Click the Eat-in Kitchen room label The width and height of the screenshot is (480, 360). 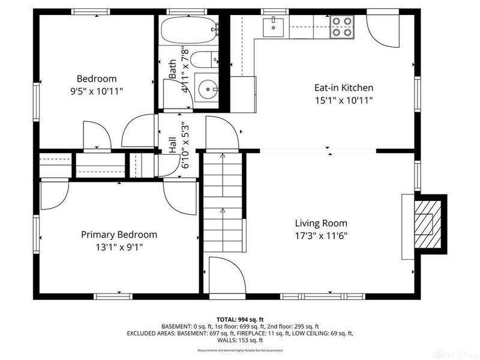coord(344,87)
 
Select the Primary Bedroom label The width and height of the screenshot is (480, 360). coord(119,235)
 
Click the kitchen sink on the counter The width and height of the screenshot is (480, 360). coord(275,24)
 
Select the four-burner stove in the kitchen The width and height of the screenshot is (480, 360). coord(343,26)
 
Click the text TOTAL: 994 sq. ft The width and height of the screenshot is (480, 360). coord(240,319)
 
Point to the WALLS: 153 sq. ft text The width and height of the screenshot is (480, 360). coord(240,340)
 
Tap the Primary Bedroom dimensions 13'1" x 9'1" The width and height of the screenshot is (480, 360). coord(119,247)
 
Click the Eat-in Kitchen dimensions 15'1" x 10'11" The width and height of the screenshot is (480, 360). coord(344,100)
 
